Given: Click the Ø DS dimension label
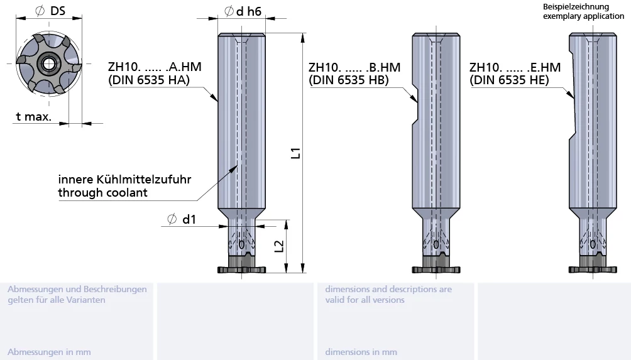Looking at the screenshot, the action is [50, 11].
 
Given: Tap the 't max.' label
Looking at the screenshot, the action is [34, 117].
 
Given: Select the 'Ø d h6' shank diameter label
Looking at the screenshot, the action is [243, 11].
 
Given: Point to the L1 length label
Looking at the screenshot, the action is [296, 153].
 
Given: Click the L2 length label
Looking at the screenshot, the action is [279, 246].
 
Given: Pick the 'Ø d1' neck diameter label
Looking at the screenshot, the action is [182, 219].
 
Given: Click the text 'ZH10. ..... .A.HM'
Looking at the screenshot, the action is [155, 67].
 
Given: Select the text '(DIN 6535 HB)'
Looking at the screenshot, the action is [349, 80].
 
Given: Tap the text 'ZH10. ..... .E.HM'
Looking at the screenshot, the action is [515, 67].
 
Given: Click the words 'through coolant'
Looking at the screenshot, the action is [102, 193].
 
